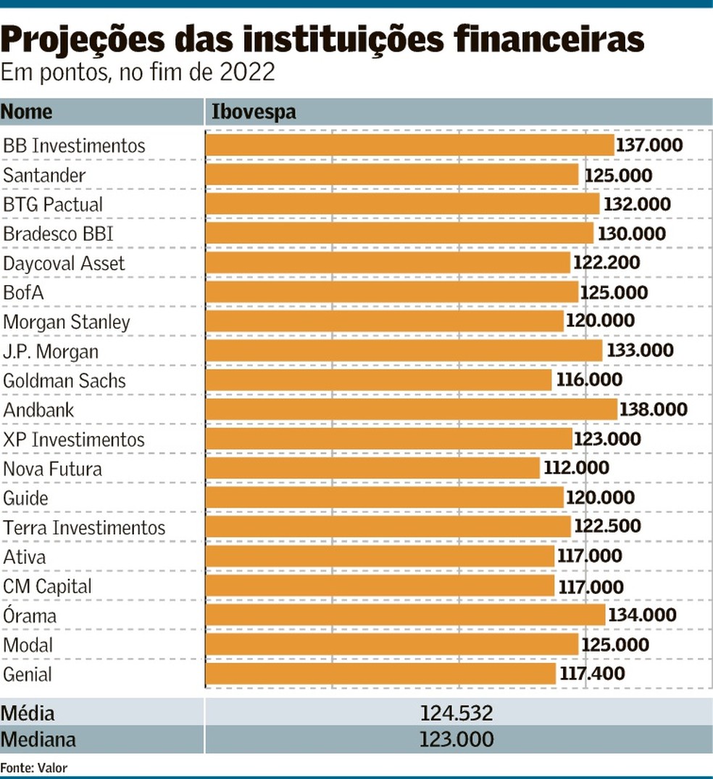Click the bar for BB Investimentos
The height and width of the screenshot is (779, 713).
point(409,145)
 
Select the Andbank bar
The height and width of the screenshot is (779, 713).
point(411,410)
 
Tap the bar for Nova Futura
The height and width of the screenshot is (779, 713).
point(372,469)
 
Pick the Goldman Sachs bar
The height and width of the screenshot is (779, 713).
point(378,381)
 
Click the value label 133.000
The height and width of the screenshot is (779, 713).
point(639,351)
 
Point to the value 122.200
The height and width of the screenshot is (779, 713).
point(606,263)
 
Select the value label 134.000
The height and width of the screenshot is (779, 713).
point(642,616)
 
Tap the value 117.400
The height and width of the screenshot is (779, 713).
point(592,675)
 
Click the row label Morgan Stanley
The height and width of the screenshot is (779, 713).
point(67,322)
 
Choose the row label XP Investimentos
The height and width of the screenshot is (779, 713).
point(74,440)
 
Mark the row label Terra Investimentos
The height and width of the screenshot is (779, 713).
point(84,527)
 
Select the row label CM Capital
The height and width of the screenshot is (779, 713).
point(48,586)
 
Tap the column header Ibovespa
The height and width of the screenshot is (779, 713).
point(254,112)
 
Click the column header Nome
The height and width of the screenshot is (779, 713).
point(27,112)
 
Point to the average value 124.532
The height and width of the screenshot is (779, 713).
point(456,713)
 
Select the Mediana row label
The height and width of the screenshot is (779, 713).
point(38,740)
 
